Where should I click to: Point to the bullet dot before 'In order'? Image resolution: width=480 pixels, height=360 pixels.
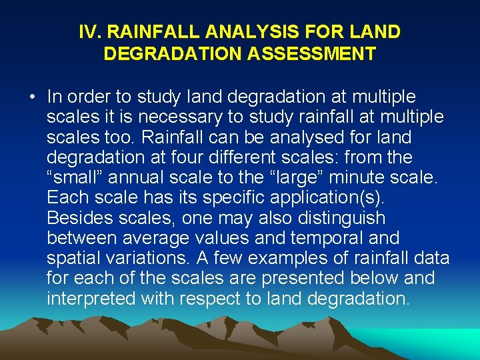(32, 97)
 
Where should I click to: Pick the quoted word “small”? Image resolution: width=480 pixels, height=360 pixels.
(75, 177)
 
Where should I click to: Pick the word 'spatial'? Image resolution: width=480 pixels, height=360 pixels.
(73, 258)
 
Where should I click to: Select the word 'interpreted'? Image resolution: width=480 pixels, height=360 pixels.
(91, 298)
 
